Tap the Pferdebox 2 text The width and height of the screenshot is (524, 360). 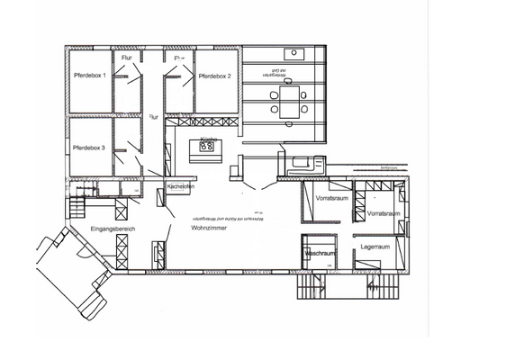[215, 77]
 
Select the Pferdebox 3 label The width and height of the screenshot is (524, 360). [89, 148]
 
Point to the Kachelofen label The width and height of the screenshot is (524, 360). [181, 187]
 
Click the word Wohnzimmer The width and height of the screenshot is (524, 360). [208, 229]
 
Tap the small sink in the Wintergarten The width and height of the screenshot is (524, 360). [294, 53]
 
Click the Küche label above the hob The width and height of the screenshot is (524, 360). [205, 137]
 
